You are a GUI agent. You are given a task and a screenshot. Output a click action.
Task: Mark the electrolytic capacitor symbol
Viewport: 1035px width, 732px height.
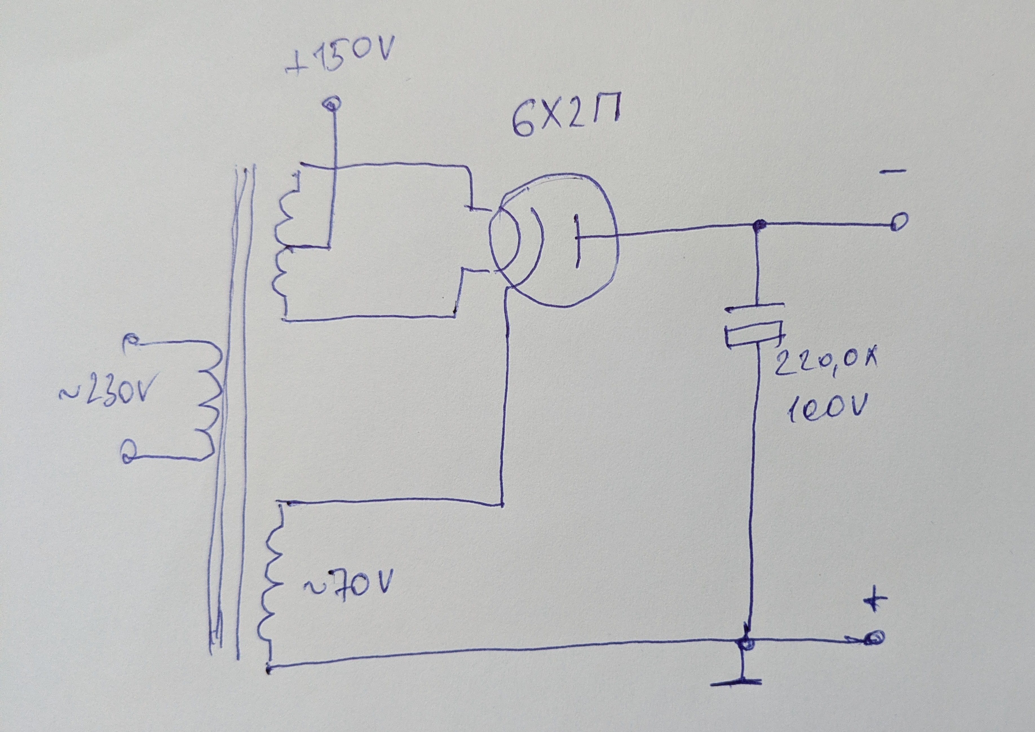point(755,329)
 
